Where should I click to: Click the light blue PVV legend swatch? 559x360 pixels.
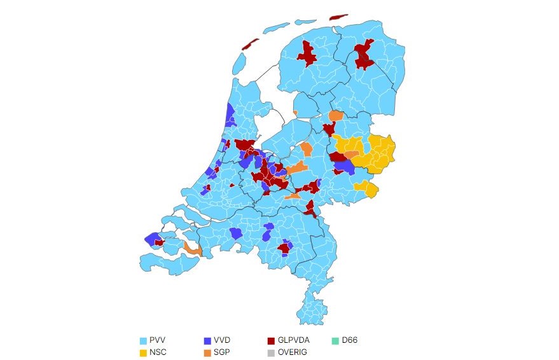143,340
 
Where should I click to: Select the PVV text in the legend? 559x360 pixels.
157,340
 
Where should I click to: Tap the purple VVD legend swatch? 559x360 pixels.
207,340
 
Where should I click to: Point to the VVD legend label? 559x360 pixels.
222,340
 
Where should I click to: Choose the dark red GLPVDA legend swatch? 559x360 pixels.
272,340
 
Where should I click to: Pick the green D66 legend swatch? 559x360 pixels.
335,340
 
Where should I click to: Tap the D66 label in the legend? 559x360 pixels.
350,340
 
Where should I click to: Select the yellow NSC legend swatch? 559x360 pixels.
143,352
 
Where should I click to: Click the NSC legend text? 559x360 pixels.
158,352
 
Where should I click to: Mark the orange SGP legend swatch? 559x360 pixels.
207,352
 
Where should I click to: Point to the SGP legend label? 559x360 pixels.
222,352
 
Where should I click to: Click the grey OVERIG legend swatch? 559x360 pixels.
272,352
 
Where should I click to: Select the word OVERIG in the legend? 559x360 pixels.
292,352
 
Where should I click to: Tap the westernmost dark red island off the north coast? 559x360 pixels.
251,45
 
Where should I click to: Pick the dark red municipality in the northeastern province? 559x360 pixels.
364,55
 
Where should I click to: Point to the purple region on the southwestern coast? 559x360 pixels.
153,239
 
